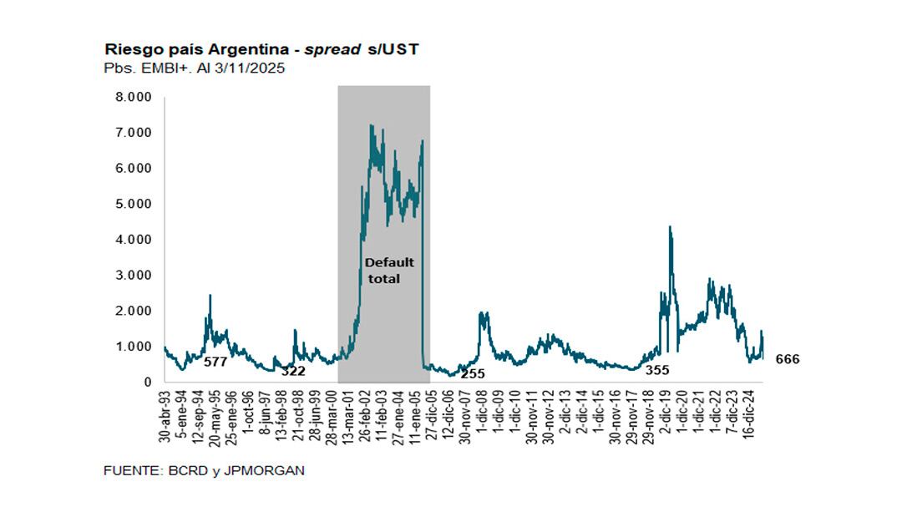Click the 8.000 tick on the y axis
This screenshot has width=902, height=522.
pyautogui.click(x=134, y=97)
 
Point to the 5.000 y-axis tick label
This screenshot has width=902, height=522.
pyautogui.click(x=134, y=204)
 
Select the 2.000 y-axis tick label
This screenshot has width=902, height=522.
pyautogui.click(x=134, y=311)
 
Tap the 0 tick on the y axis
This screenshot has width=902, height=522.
pyautogui.click(x=147, y=383)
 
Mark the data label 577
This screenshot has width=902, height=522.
pyautogui.click(x=216, y=362)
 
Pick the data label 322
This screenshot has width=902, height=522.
pyautogui.click(x=294, y=371)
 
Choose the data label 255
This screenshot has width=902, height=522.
pyautogui.click(x=473, y=373)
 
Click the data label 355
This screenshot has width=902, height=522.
pyautogui.click(x=657, y=369)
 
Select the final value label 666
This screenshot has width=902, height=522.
pyautogui.click(x=788, y=359)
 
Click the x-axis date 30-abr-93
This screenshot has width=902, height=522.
pyautogui.click(x=165, y=416)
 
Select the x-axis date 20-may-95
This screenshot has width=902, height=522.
pyautogui.click(x=214, y=416)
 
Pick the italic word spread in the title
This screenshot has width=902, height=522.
pyautogui.click(x=328, y=49)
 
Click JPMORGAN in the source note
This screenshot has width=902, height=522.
pyautogui.click(x=266, y=471)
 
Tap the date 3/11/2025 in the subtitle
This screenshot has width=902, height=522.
pyautogui.click(x=249, y=68)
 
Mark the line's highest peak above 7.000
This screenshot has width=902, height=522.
pyautogui.click(x=370, y=125)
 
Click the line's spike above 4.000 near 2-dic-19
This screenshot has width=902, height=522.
pyautogui.click(x=670, y=226)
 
